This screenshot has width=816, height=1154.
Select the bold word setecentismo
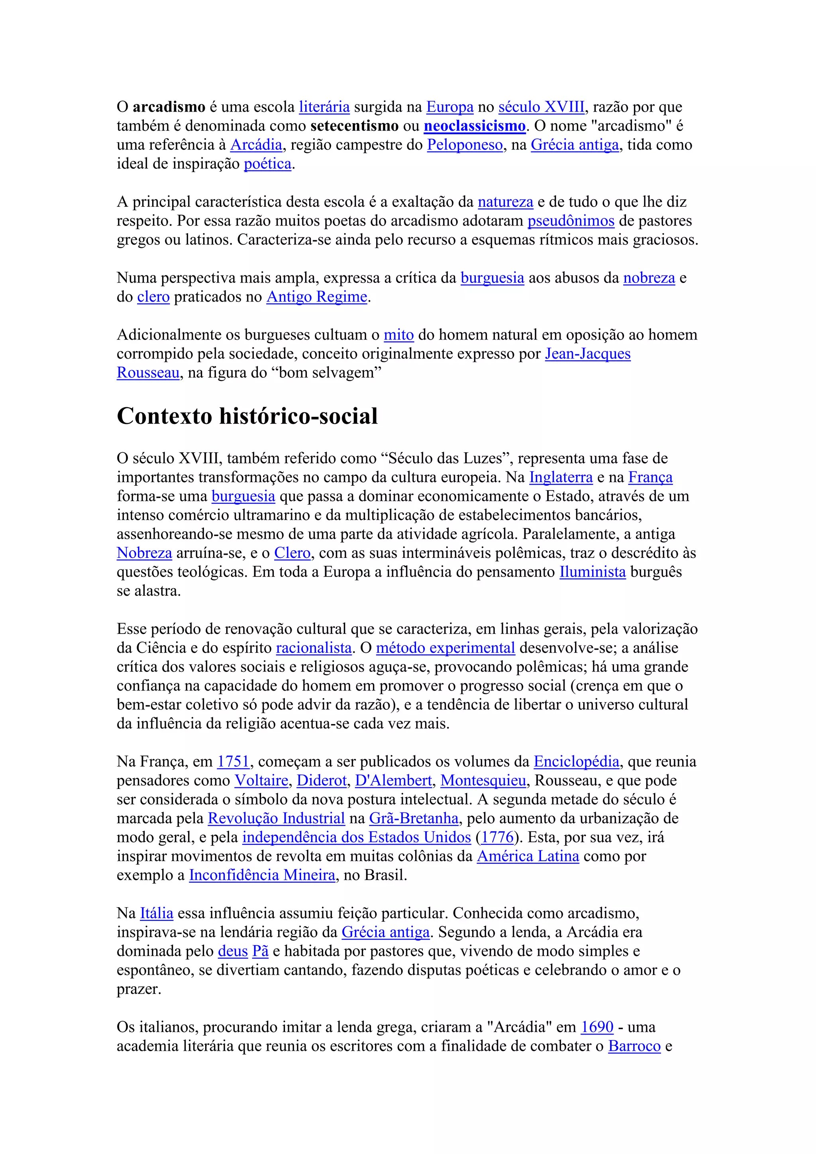click(x=354, y=126)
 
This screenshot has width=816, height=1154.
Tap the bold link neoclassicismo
click(x=474, y=126)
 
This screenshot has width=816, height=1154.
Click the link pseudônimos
click(x=571, y=221)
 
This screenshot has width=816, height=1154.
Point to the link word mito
click(x=398, y=335)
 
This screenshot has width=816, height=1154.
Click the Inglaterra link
click(x=561, y=477)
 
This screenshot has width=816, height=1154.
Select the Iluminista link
click(x=592, y=572)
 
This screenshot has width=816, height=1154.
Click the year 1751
click(x=233, y=761)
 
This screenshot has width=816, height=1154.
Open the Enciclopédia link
click(x=576, y=761)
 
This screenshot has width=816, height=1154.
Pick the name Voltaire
click(x=261, y=781)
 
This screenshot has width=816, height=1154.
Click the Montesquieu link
click(x=483, y=781)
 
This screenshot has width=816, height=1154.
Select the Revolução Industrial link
click(x=277, y=818)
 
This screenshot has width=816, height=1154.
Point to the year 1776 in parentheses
click(x=497, y=837)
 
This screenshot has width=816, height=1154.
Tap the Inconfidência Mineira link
click(x=262, y=875)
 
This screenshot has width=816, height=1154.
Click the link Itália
click(x=156, y=913)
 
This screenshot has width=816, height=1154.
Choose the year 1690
click(x=597, y=1027)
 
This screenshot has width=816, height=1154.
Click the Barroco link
click(x=634, y=1046)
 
